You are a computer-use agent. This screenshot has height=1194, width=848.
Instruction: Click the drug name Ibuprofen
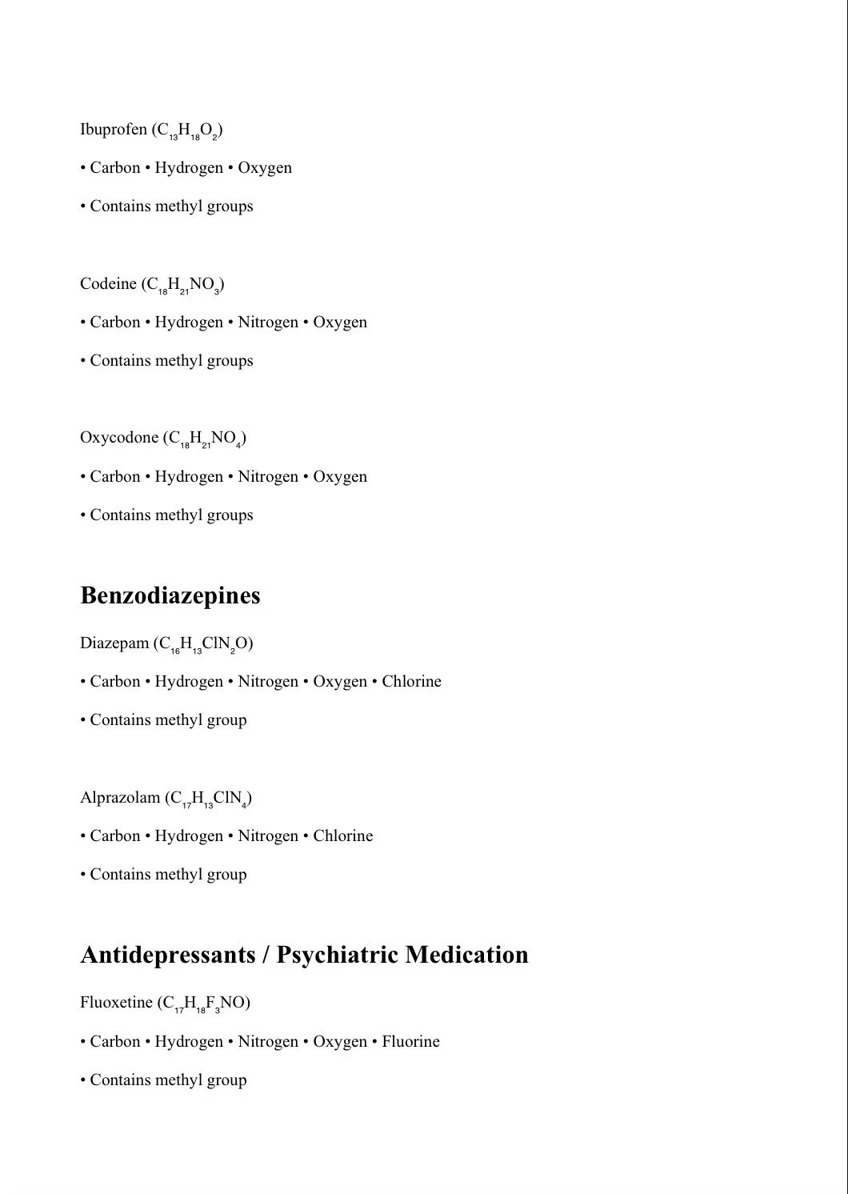(x=113, y=130)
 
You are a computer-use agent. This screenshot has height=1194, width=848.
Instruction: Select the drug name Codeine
(x=108, y=284)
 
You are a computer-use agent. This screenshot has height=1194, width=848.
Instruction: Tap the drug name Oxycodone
(x=119, y=438)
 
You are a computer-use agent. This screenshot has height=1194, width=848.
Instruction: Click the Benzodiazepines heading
(x=170, y=595)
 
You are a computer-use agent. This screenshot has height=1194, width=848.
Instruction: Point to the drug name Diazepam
(x=114, y=643)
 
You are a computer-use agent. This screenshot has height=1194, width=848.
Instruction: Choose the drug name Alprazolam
(x=120, y=798)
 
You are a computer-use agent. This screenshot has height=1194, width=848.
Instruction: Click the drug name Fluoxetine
(x=116, y=1003)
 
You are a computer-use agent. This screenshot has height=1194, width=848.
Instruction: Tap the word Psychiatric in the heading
(x=336, y=955)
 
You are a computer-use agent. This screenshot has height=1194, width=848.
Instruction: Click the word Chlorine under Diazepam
(x=411, y=682)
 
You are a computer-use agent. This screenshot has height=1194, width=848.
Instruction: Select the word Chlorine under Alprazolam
(x=342, y=836)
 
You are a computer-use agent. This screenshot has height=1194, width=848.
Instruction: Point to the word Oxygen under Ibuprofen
(x=265, y=168)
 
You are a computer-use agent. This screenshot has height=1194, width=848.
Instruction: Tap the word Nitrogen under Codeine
(x=268, y=323)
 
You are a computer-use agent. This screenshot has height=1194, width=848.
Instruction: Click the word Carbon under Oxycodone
(x=115, y=477)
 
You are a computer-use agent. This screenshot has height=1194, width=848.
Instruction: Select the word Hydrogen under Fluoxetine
(x=189, y=1042)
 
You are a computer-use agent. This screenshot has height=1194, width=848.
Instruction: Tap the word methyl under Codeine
(x=179, y=361)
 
